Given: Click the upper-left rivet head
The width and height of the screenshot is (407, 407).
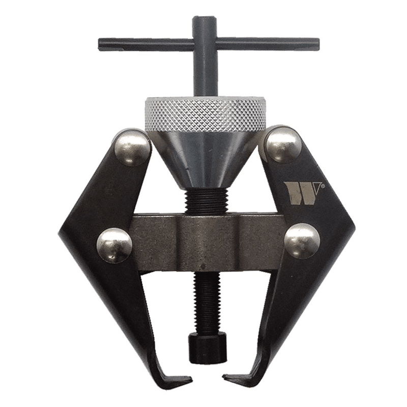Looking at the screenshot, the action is tap(132, 148).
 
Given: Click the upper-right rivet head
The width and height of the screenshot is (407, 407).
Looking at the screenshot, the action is tap(284, 144).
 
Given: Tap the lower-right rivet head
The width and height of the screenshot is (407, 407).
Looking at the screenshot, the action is tap(302, 241).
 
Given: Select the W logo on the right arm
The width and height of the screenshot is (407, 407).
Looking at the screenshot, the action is tap(301, 193).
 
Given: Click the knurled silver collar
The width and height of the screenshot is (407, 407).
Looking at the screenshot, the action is tap(205, 113).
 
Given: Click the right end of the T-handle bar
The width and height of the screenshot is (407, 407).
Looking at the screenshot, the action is tap(318, 43).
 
